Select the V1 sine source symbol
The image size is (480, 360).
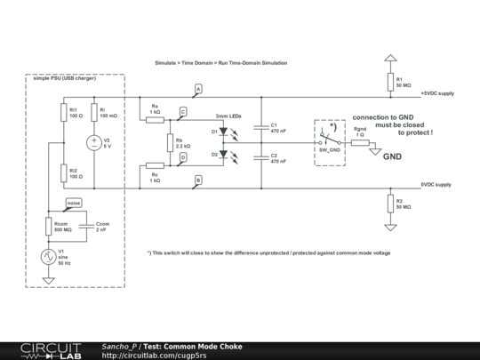point(49,255)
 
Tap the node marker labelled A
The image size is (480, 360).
point(197,89)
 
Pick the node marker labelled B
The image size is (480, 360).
point(197,180)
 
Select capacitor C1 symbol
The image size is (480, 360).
point(261,127)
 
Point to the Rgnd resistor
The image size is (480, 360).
point(360,142)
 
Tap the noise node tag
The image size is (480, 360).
point(73,203)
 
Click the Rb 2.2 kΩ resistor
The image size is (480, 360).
point(169,142)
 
